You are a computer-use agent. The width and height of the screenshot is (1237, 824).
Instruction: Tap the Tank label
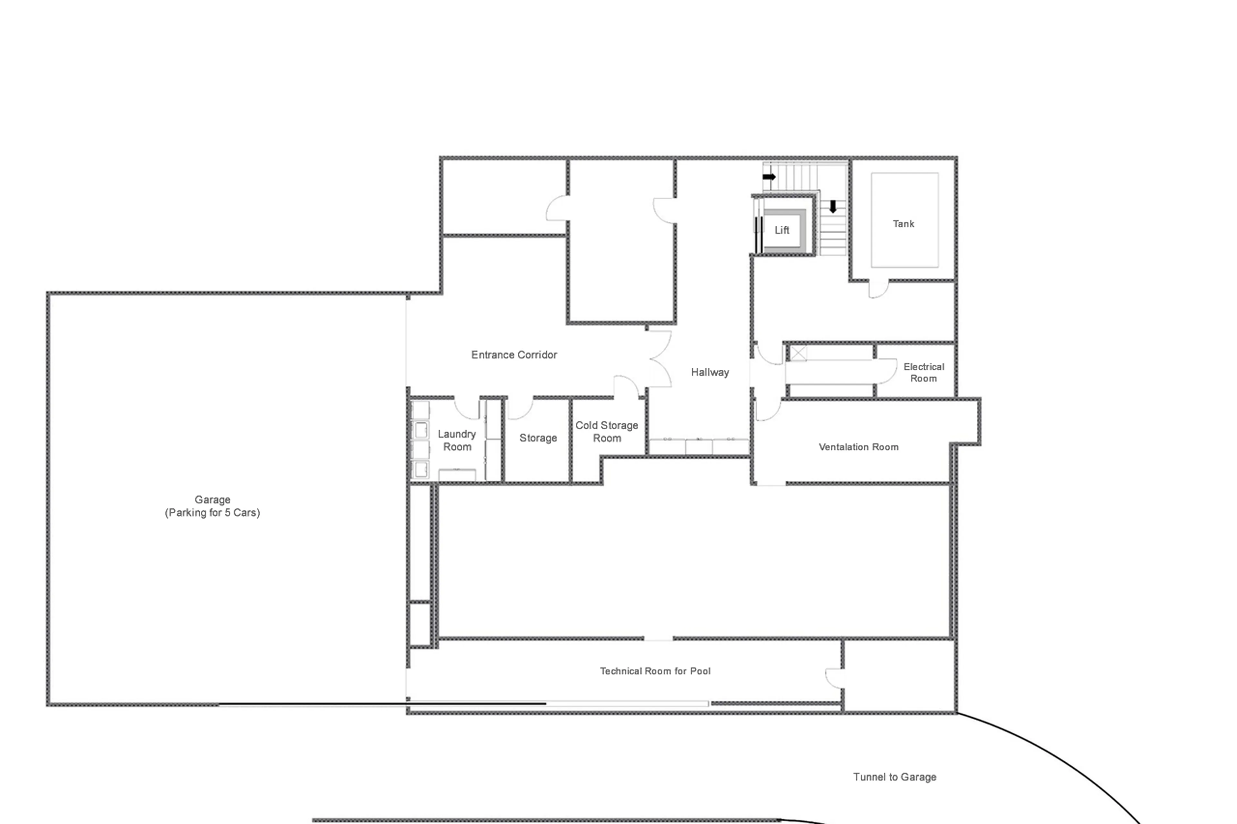(x=903, y=224)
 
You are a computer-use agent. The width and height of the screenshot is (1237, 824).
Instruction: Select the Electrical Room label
(x=923, y=373)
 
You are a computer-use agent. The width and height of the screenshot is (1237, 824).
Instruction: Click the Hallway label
(x=710, y=373)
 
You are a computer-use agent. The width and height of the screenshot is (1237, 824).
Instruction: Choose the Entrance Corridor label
(x=513, y=355)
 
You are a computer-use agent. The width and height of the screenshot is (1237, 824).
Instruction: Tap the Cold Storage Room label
(x=607, y=431)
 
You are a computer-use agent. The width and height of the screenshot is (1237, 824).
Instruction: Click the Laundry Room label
(x=456, y=440)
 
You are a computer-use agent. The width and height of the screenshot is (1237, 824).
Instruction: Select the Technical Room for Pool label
(x=655, y=671)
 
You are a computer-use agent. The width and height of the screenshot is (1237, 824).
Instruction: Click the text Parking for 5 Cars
(x=212, y=513)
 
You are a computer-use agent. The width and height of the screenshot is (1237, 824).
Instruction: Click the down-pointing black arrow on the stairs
(x=833, y=206)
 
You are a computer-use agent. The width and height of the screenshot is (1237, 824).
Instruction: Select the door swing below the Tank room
(x=878, y=289)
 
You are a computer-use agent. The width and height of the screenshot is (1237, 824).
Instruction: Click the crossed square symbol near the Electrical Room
(x=798, y=353)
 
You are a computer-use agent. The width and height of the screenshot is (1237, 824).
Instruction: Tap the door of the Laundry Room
(x=467, y=408)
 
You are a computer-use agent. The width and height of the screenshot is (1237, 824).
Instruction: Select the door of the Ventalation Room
(x=768, y=410)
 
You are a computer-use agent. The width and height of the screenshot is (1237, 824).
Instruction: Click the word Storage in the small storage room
(x=538, y=438)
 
